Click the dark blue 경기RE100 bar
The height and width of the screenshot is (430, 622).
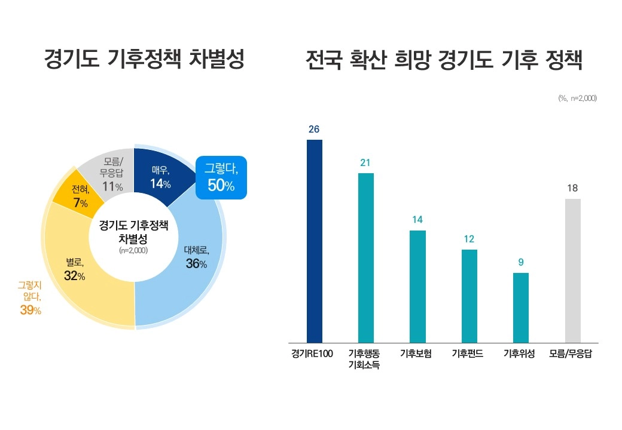(315, 241)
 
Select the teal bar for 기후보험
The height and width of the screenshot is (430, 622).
(417, 287)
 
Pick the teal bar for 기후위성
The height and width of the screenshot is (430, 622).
(521, 308)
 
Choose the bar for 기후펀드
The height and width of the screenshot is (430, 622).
(469, 296)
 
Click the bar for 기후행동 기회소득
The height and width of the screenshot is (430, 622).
(366, 258)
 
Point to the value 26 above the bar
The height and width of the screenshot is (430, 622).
(315, 128)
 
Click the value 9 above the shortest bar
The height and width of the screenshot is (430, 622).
(521, 262)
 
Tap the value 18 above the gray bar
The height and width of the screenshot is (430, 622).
(573, 188)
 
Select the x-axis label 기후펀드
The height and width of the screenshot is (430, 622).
(469, 353)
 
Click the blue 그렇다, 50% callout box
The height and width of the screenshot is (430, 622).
(221, 177)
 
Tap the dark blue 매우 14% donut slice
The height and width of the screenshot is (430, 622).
(160, 176)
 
